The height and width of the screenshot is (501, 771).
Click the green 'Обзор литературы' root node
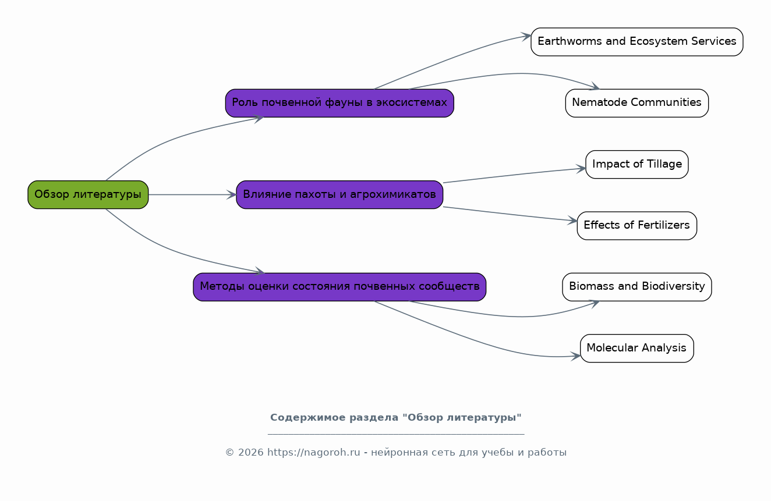point(88,194)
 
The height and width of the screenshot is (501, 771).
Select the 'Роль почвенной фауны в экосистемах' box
point(339,103)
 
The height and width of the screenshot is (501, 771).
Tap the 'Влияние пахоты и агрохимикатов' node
point(339,194)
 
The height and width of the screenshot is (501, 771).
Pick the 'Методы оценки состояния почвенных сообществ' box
point(339,287)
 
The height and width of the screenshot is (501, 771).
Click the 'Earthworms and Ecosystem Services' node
point(637,42)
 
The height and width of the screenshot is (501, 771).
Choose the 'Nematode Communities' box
point(637,103)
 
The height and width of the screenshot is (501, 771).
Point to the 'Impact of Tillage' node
point(637,164)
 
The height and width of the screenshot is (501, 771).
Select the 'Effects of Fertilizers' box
point(637,226)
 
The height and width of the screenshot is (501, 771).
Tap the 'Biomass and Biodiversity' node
point(637,287)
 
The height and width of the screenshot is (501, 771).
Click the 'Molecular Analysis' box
point(637,349)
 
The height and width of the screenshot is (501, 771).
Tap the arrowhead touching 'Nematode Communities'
point(595,87)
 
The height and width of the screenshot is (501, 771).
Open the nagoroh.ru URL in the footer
point(313,453)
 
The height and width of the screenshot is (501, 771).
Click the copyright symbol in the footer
point(230,453)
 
